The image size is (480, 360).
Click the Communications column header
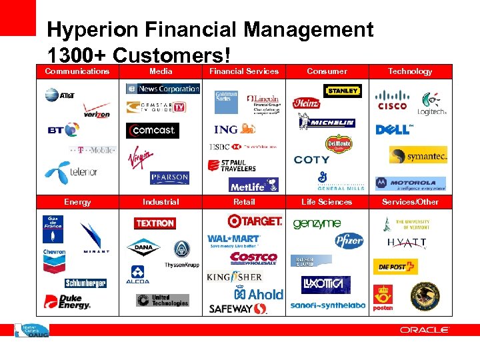click(x=77, y=71)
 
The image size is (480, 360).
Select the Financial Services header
click(x=244, y=71)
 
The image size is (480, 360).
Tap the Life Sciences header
click(x=327, y=202)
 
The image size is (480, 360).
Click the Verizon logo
click(x=97, y=111)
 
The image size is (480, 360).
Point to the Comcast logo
click(x=152, y=131)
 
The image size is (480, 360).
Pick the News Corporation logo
click(x=163, y=89)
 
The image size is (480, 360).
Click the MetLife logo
click(x=253, y=185)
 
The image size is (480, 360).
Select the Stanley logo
click(x=343, y=91)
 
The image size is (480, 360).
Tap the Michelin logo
click(x=327, y=123)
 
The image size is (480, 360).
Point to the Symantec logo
click(x=418, y=155)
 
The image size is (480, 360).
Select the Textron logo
click(x=155, y=223)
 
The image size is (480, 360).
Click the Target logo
click(x=254, y=221)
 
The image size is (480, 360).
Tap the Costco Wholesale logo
click(x=253, y=258)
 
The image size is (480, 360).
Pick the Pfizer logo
click(x=348, y=241)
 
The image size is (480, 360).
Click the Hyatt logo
click(x=407, y=243)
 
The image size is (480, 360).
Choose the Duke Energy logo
click(x=67, y=302)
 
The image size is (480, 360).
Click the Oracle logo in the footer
click(x=425, y=330)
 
